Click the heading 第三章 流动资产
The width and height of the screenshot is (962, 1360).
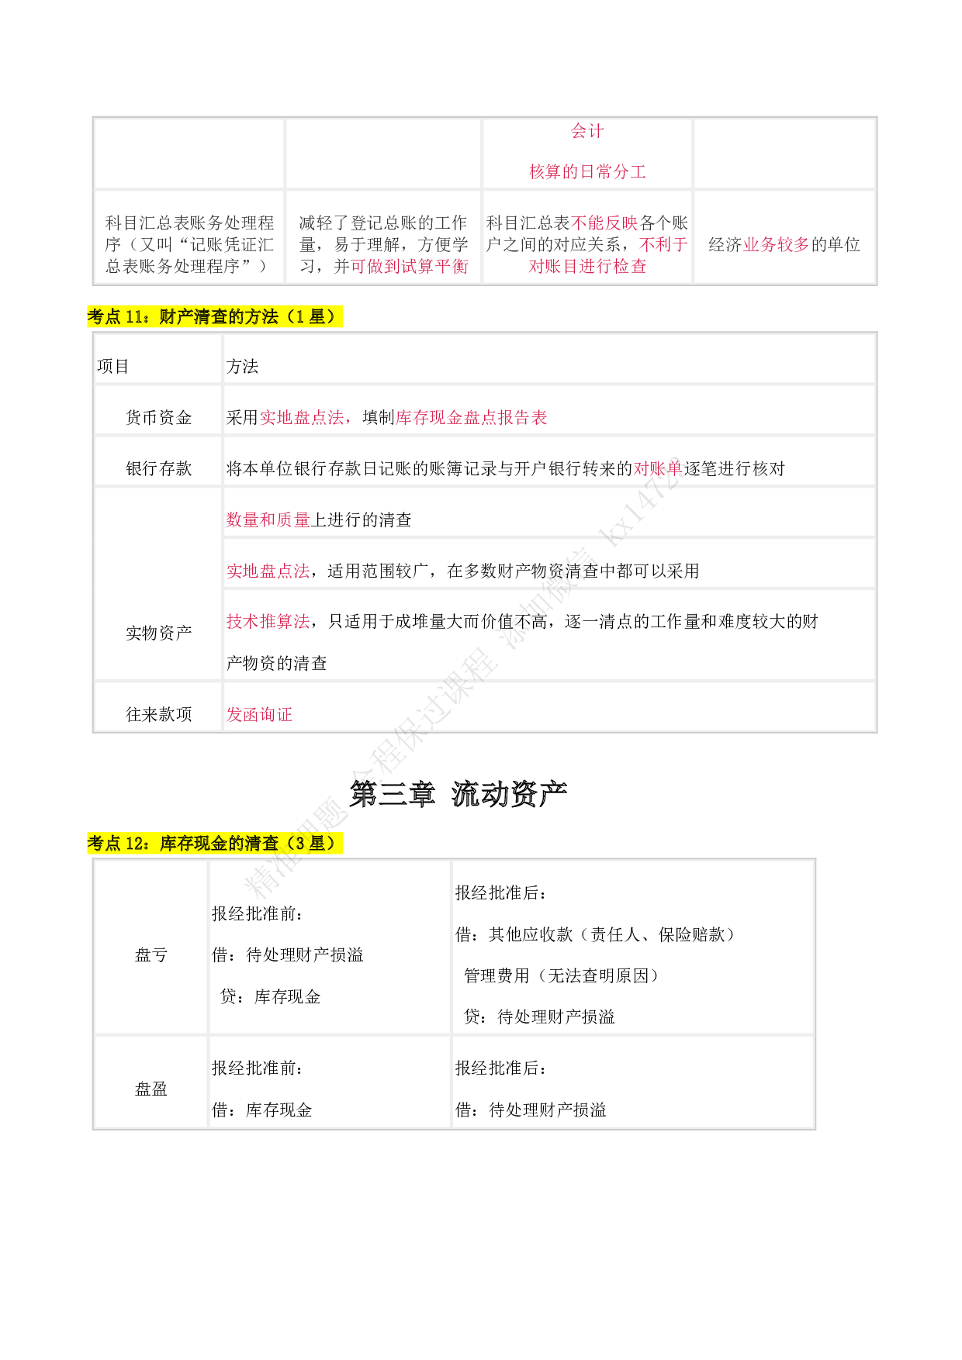(x=458, y=794)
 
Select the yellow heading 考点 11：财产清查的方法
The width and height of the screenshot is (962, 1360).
(x=215, y=316)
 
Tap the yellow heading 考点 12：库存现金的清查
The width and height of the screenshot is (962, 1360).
(x=215, y=843)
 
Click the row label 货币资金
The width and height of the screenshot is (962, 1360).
(x=158, y=418)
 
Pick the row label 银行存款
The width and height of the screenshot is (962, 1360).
(x=158, y=468)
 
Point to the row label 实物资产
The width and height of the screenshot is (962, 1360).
(x=158, y=633)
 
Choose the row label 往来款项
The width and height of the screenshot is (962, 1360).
(x=158, y=714)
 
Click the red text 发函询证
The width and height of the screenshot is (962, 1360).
(x=259, y=714)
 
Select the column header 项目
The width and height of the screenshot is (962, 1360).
(x=112, y=366)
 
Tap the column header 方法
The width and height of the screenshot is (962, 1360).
(x=242, y=366)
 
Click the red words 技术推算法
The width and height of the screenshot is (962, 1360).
(x=268, y=621)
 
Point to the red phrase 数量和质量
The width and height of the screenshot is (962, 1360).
(x=268, y=519)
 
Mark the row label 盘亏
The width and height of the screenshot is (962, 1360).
(x=151, y=955)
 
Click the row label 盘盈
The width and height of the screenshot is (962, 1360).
(x=151, y=1089)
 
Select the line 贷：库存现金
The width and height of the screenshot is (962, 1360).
(x=270, y=996)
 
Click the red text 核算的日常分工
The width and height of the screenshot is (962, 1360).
(x=587, y=171)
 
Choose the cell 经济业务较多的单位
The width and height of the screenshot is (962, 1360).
(x=784, y=245)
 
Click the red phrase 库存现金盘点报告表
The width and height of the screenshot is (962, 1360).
(x=472, y=418)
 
